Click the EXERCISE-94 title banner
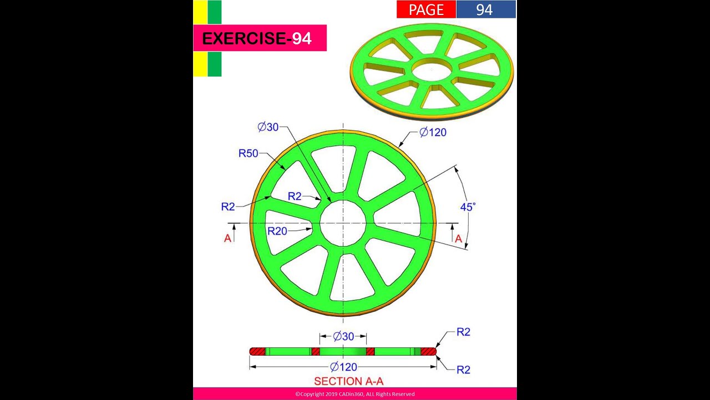[x=259, y=38]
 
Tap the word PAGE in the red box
[x=426, y=9]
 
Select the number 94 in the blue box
[x=484, y=9]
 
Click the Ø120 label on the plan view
[x=433, y=132]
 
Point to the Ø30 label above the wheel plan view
[x=268, y=127]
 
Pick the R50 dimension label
[x=248, y=153]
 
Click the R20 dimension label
[x=277, y=231]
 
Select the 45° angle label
[x=468, y=207]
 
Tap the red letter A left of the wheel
[x=227, y=238]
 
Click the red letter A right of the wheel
[x=458, y=238]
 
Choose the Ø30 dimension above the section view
[x=343, y=336]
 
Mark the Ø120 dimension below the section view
[x=343, y=367]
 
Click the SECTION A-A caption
[x=348, y=381]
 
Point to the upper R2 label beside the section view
[x=463, y=332]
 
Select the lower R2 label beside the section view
[x=463, y=369]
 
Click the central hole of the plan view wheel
[x=343, y=223]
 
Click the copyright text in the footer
[x=354, y=394]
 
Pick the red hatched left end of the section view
[x=258, y=351]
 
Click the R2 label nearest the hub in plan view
[x=295, y=196]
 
